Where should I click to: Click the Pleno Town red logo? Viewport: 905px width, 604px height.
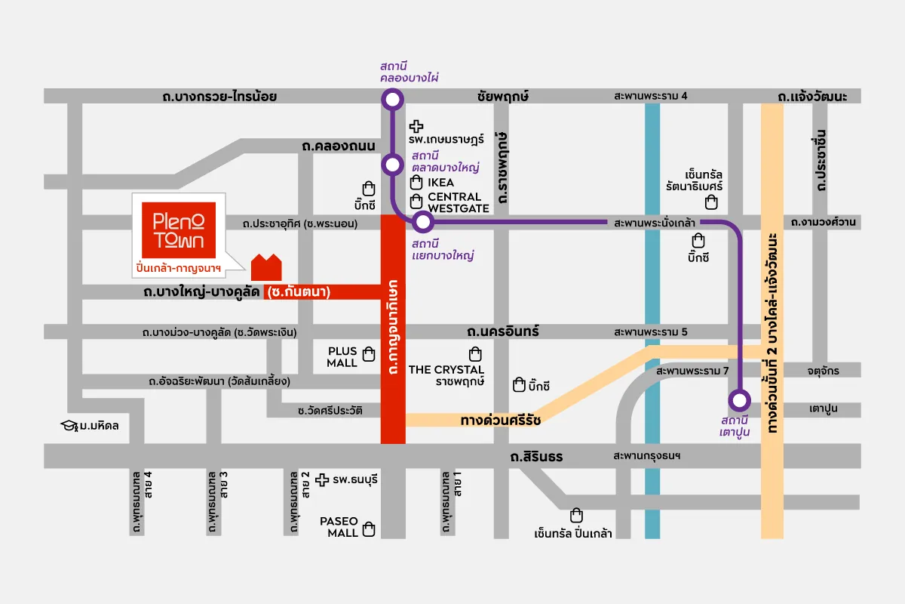[179, 229]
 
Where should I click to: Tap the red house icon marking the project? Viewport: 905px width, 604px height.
[266, 267]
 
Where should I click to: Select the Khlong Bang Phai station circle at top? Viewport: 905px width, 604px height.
[391, 100]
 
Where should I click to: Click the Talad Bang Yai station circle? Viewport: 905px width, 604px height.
[391, 165]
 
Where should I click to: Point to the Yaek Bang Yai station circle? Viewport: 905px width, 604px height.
[422, 222]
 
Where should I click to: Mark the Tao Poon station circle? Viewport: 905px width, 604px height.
[739, 399]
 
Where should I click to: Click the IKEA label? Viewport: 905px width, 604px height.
[441, 183]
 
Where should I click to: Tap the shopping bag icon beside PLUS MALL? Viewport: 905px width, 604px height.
[369, 353]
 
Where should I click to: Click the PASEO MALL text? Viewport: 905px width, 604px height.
[338, 527]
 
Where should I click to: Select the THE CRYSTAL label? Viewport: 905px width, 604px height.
[446, 369]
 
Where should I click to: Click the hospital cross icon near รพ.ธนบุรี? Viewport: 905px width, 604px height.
[322, 479]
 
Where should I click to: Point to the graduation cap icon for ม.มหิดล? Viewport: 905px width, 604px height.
[70, 425]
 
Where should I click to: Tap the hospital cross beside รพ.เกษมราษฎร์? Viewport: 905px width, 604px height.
[416, 127]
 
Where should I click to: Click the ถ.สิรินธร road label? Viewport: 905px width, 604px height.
[536, 457]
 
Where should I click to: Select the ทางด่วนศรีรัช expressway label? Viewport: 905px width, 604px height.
[500, 420]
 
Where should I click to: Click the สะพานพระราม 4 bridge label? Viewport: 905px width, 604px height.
[651, 96]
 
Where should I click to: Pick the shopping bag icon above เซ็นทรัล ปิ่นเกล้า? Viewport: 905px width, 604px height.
[577, 516]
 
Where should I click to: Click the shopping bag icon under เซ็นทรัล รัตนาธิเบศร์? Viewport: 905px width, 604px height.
[710, 202]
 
